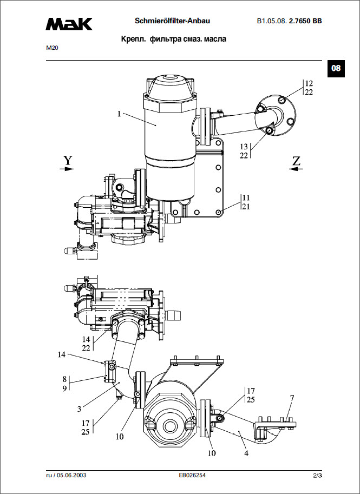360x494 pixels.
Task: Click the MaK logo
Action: coord(69,23)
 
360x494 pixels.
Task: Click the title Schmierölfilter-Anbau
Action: coord(172,21)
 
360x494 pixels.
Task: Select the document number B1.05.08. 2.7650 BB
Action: coord(289,22)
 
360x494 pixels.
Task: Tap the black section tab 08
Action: coord(336,68)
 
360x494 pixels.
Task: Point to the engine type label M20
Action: coord(52,48)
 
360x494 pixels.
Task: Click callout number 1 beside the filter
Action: coord(119,114)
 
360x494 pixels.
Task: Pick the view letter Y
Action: coord(67,160)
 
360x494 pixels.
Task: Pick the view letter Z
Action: coord(296,160)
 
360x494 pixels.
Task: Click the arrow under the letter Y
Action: coord(67,169)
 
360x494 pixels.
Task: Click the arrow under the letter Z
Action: coord(296,169)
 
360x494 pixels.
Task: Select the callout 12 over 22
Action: coord(309,88)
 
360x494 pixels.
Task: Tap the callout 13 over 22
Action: coord(244,151)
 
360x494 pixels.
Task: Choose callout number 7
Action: coord(292,398)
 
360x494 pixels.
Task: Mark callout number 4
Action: coord(246,453)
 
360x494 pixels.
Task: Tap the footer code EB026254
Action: coord(192,476)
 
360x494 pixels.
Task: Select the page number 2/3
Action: coord(317,476)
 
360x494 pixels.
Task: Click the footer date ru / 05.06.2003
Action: coord(66,476)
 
